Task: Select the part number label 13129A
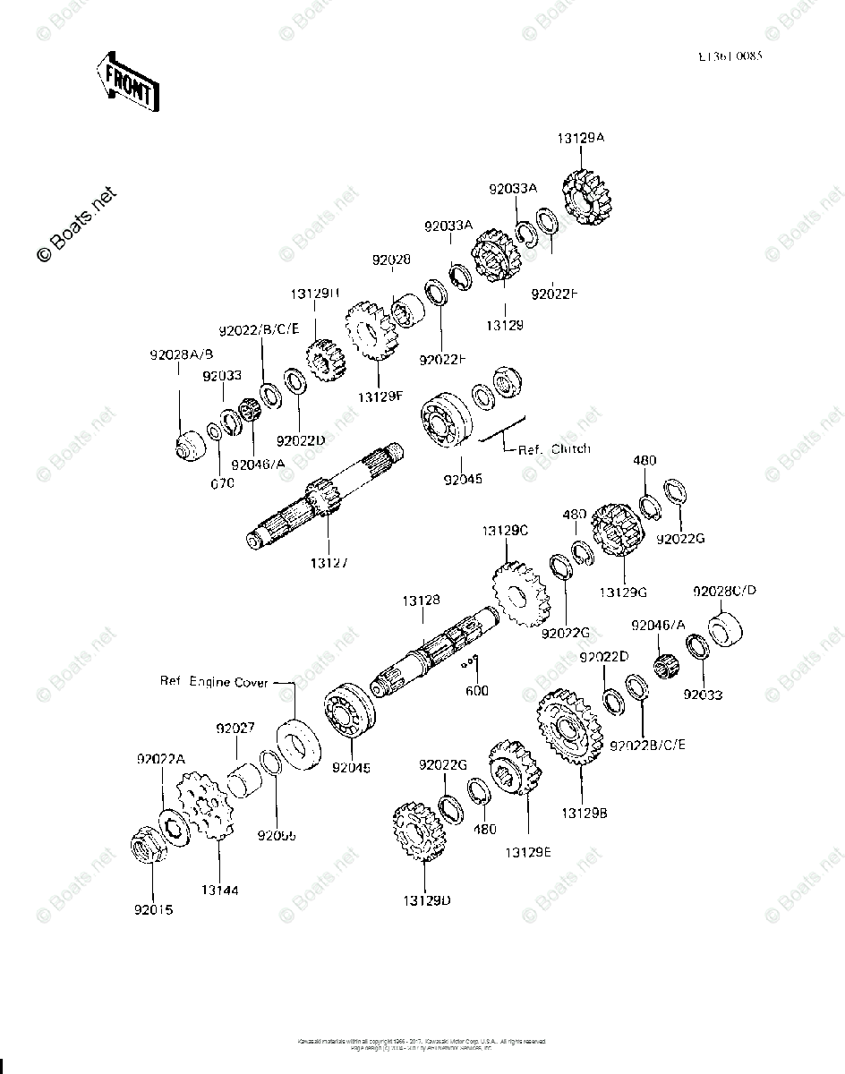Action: (582, 139)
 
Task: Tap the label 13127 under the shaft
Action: (329, 563)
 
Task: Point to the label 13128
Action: (420, 601)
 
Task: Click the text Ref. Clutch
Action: (554, 448)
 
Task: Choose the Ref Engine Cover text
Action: (215, 682)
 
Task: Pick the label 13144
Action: (219, 891)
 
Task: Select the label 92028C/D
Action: (725, 591)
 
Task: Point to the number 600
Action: (477, 691)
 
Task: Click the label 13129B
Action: (585, 813)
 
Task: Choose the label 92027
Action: (234, 729)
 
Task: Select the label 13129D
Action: (427, 899)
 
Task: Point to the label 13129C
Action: (506, 530)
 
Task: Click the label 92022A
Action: (160, 759)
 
